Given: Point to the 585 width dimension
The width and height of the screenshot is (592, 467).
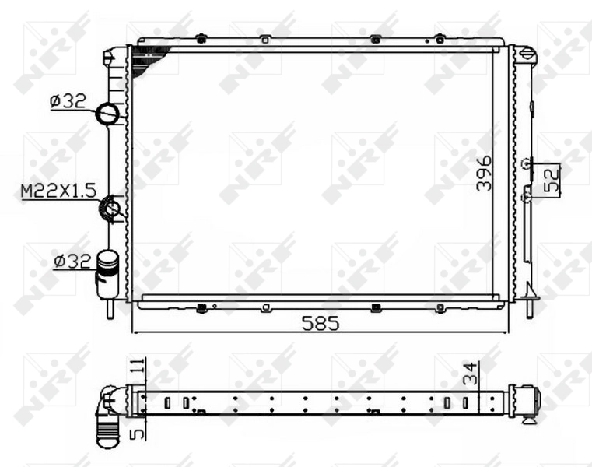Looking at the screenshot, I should pyautogui.click(x=321, y=324).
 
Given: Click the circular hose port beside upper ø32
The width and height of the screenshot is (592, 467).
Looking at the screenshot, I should pyautogui.click(x=107, y=114).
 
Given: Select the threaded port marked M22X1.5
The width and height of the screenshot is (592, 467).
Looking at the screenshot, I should pyautogui.click(x=111, y=208).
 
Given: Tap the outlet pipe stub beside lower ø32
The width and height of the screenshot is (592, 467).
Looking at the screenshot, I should pyautogui.click(x=107, y=274).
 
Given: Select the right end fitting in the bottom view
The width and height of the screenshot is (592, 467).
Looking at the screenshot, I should pyautogui.click(x=531, y=401).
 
